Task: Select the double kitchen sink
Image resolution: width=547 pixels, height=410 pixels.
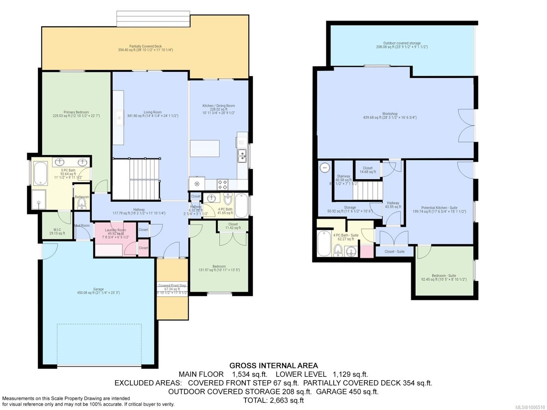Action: tap(242, 156)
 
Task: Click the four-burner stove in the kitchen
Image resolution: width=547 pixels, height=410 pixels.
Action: tap(223, 185)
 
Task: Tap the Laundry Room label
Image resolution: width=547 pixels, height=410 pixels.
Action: tap(115, 230)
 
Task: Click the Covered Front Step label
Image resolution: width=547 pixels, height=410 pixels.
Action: tap(172, 286)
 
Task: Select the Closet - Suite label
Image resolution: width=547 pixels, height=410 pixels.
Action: tap(394, 251)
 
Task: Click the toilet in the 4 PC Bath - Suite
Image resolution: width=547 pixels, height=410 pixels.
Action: tap(338, 250)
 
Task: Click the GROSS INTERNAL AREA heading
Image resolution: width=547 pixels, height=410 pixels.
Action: tap(273, 366)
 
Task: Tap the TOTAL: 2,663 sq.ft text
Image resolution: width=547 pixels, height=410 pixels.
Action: tap(273, 400)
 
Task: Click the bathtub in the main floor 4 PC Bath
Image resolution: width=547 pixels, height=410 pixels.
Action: tap(241, 205)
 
